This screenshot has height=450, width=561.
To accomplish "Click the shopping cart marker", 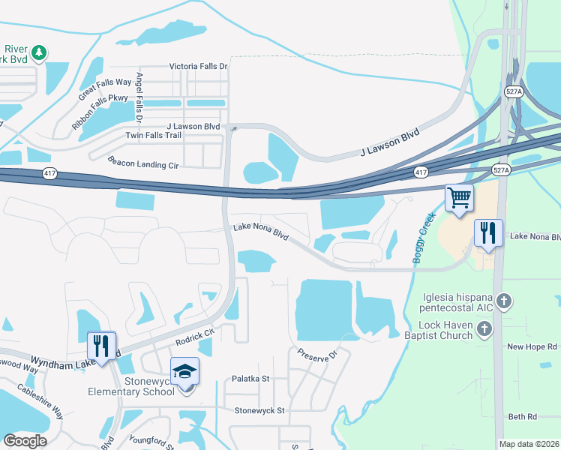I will tap(458, 199).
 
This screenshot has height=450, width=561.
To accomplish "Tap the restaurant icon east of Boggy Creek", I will tap(488, 234).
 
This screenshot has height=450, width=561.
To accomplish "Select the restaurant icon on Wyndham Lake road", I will tap(101, 346).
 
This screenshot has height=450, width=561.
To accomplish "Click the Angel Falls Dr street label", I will tap(139, 97).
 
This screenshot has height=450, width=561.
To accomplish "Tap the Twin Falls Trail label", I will tap(153, 135).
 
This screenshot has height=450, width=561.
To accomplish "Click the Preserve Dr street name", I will tap(318, 354).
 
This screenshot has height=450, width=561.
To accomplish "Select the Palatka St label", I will tap(250, 379).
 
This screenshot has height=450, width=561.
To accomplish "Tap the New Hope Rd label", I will tap(532, 346).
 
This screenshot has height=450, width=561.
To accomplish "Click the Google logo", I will tap(25, 440).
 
